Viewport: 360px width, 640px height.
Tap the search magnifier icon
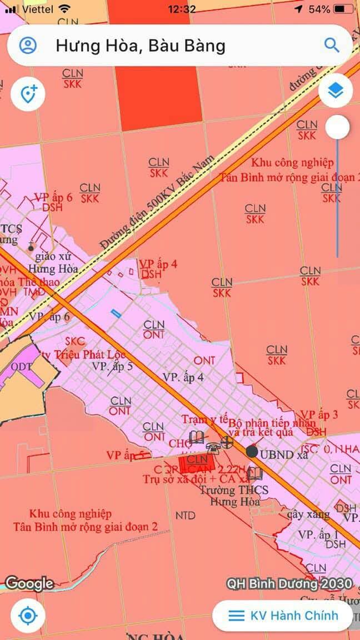point(332,45)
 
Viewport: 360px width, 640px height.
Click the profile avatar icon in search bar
point(28,45)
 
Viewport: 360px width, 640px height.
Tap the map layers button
point(335,91)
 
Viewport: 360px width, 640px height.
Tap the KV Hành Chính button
point(283,615)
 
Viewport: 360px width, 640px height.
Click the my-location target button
point(27,616)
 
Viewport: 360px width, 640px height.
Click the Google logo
point(29,583)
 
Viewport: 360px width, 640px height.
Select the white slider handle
point(337,128)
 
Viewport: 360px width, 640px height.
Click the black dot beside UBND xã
point(252,452)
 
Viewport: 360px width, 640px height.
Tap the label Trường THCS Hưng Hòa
point(234,496)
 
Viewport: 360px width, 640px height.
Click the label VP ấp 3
point(319,414)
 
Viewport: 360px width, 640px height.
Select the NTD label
point(185,516)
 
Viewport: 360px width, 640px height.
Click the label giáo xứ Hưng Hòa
point(56,263)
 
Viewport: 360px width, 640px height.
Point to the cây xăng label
point(308,514)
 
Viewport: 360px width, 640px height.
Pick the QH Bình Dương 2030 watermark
point(289,584)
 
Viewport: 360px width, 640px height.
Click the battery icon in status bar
point(344,9)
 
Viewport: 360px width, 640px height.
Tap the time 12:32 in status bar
point(182,9)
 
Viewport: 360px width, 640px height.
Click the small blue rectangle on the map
point(116,314)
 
